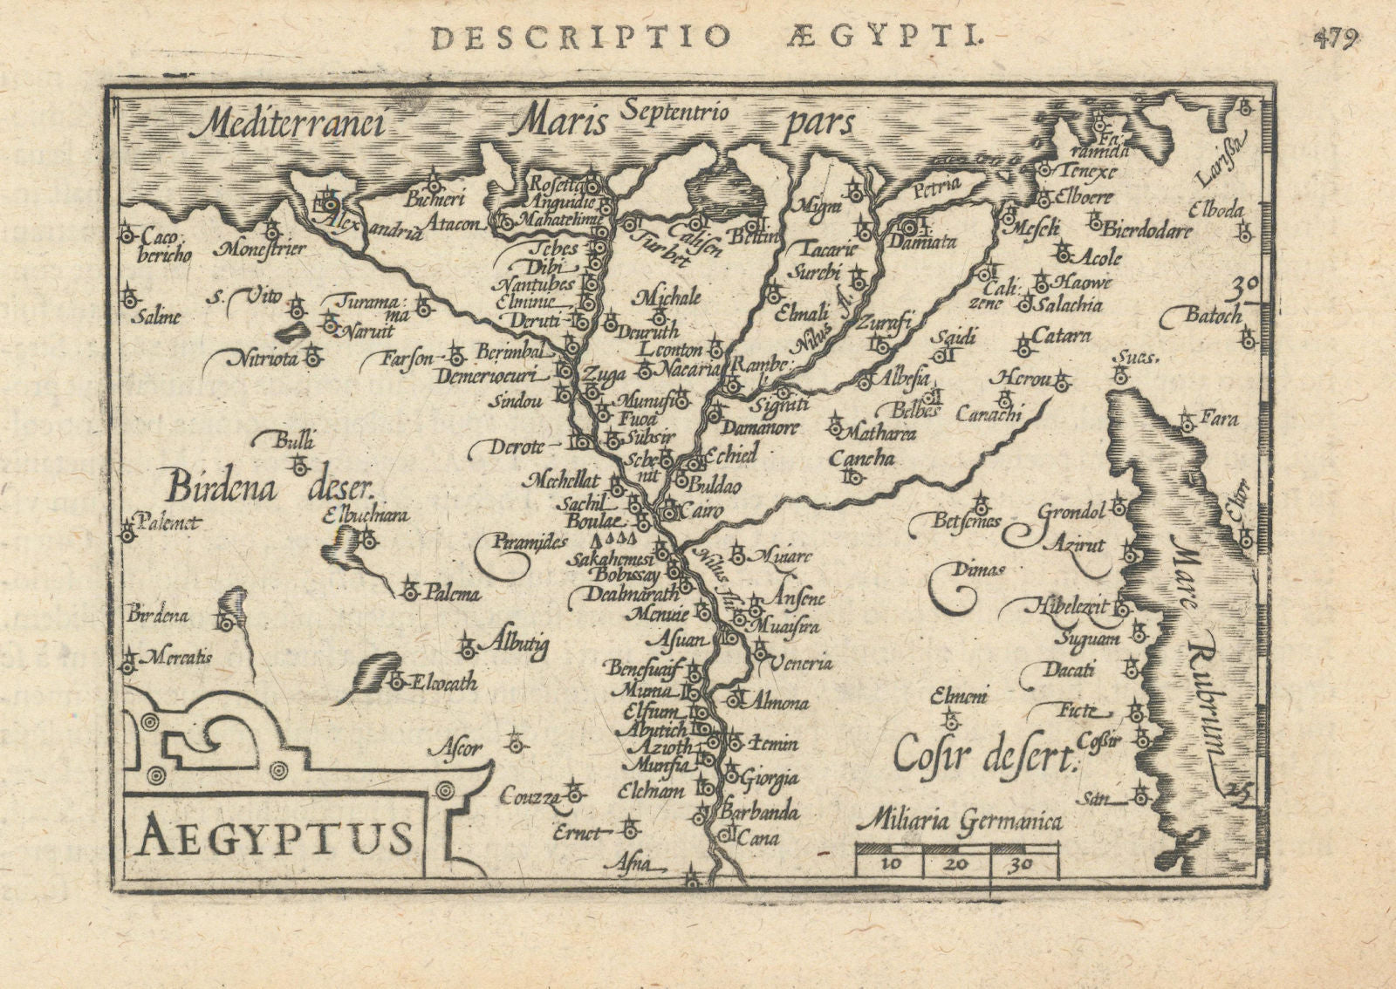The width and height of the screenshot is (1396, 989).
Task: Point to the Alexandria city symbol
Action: point(330,203)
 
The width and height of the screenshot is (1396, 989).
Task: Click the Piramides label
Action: point(530,542)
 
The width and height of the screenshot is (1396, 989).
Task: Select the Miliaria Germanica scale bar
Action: point(958,859)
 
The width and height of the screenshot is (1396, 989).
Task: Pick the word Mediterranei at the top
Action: point(289,125)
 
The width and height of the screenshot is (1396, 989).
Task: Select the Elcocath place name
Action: point(445,683)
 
